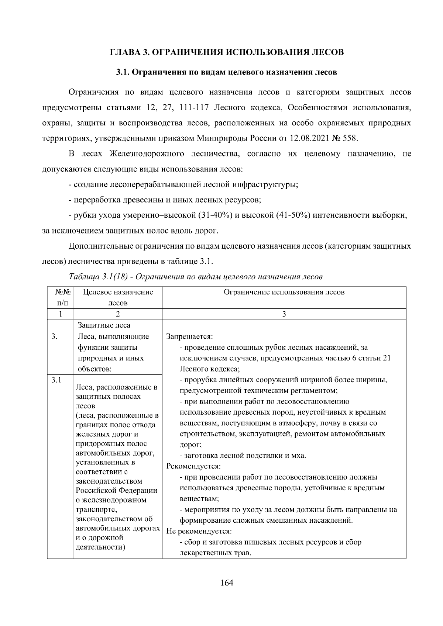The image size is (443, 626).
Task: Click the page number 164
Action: pyautogui.click(x=227, y=583)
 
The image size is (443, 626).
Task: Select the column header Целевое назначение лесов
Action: pyautogui.click(x=118, y=297)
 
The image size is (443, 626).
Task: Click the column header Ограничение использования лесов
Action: pyautogui.click(x=284, y=292)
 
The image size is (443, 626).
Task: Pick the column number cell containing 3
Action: pyautogui.click(x=284, y=314)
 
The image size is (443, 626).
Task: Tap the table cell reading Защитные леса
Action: pyautogui.click(x=104, y=325)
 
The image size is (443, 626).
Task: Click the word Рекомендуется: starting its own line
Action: pyautogui.click(x=193, y=466)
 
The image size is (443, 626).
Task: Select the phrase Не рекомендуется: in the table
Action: pyautogui.click(x=199, y=532)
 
